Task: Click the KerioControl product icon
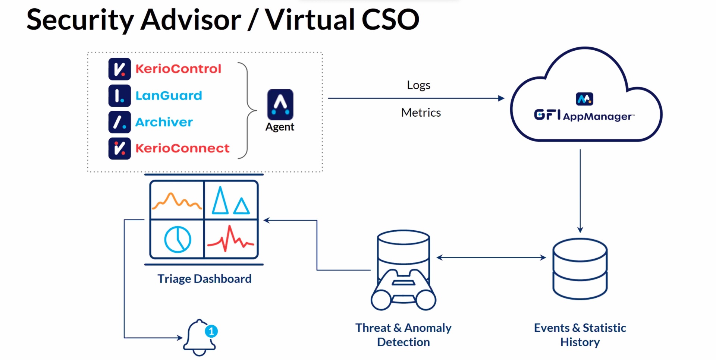(x=119, y=69)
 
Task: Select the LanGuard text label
(x=169, y=96)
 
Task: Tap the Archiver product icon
(x=119, y=122)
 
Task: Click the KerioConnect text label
(x=182, y=148)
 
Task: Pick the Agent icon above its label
(x=280, y=105)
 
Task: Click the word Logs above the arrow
(x=418, y=85)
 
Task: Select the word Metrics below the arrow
(x=421, y=113)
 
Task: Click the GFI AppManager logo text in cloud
(x=584, y=116)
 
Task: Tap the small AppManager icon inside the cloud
(x=584, y=99)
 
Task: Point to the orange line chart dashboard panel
(x=177, y=200)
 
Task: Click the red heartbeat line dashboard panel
(x=231, y=239)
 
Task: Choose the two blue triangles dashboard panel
(x=231, y=200)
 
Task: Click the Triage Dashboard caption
(x=204, y=279)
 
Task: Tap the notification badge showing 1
(x=211, y=331)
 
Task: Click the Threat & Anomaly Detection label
(x=403, y=335)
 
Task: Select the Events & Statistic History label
(x=580, y=335)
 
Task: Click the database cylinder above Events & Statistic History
(x=580, y=268)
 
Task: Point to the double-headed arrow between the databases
(x=491, y=257)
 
